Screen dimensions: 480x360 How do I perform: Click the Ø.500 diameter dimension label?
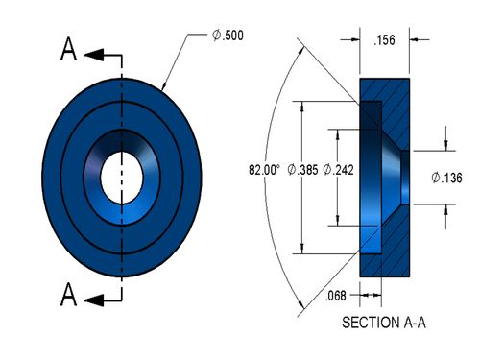point(228,35)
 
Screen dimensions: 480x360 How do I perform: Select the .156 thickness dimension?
point(384,40)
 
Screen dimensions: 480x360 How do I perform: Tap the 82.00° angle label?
point(264,170)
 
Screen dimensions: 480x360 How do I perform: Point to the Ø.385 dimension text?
point(302,170)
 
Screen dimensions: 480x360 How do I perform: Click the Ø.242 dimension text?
point(338,170)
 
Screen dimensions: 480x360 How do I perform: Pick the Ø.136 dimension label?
point(446,178)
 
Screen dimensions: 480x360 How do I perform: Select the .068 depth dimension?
point(336,296)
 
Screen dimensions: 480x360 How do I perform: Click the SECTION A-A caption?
point(384,323)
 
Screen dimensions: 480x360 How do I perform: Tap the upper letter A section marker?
point(68,49)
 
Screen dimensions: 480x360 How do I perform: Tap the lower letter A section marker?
point(68,295)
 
